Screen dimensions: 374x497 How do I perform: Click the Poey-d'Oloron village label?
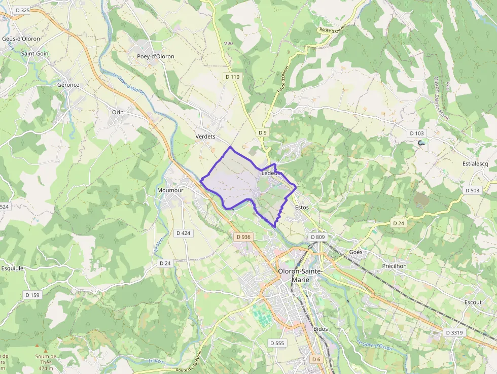155,56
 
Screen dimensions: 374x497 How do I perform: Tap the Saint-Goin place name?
34,53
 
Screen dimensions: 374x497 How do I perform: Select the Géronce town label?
68,85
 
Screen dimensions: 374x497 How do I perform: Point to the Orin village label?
118,112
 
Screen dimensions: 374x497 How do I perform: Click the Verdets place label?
205,137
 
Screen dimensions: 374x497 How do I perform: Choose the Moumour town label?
170,190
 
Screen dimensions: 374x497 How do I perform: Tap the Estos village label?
301,208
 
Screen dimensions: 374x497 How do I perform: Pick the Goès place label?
356,252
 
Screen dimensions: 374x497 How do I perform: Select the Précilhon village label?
395,266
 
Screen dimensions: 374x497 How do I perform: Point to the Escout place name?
473,302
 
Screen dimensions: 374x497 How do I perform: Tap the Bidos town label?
321,329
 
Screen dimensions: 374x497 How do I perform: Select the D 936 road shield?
243,237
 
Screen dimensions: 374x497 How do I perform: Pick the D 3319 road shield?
454,332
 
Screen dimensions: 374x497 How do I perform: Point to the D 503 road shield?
472,190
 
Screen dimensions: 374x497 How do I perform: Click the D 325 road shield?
22,10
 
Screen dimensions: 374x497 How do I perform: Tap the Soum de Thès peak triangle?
46,351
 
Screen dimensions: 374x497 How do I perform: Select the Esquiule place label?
12,268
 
